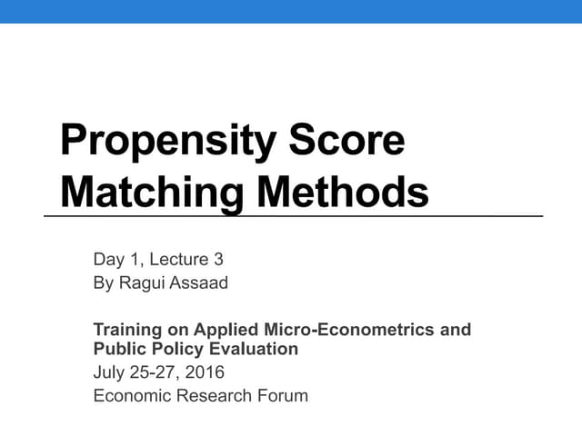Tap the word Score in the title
(x=346, y=141)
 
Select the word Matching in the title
(x=145, y=192)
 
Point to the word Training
(x=128, y=330)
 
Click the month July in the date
(x=108, y=372)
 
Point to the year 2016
(x=205, y=372)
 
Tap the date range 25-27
(x=154, y=372)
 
